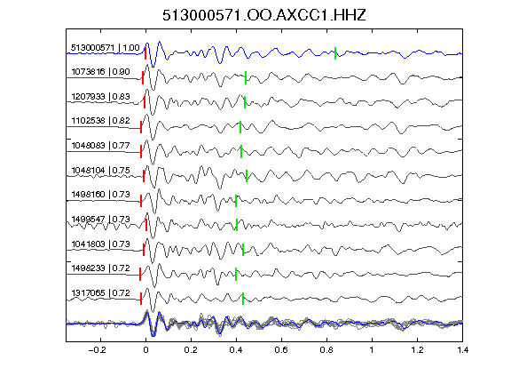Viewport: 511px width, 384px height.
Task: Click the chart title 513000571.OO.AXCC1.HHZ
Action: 264,15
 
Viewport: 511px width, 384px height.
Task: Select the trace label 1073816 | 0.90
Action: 100,72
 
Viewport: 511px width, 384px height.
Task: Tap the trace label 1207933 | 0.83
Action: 100,97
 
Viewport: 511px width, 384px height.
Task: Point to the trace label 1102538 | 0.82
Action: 100,121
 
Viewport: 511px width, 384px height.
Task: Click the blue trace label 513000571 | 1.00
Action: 106,48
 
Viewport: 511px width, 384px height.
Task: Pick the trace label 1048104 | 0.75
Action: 100,171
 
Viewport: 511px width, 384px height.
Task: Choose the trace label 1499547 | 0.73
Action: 100,220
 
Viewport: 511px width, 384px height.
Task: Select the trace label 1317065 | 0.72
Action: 100,293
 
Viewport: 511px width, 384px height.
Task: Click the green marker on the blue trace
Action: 335,53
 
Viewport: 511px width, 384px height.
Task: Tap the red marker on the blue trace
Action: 145,53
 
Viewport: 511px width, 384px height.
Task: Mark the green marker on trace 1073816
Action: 246,77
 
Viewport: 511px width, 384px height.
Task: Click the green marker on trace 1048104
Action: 247,176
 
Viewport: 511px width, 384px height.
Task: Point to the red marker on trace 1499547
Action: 146,225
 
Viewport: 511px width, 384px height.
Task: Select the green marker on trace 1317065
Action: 243,299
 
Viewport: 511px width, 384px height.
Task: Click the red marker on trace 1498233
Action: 140,275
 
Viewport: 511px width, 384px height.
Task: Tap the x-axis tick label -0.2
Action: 97,350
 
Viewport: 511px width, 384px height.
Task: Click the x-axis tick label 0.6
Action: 281,350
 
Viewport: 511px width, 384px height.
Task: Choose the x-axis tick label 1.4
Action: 462,350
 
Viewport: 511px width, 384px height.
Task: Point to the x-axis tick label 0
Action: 145,350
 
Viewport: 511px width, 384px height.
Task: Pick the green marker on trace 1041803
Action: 243,250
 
